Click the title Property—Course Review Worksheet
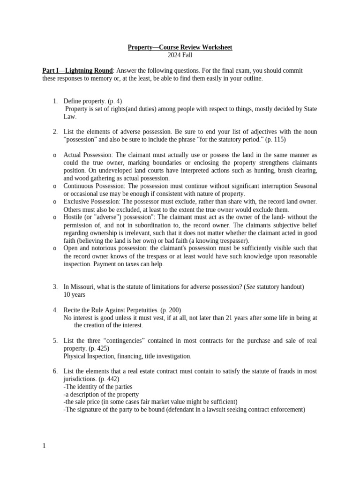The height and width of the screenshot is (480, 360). (180, 47)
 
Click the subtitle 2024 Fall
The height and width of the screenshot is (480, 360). (180, 55)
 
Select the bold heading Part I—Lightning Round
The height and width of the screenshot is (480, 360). (77, 70)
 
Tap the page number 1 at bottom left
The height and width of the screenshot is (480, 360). (44, 446)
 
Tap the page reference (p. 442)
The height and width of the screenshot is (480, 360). (109, 379)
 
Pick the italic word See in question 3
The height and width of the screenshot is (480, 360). (251, 286)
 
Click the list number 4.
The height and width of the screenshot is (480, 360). (55, 310)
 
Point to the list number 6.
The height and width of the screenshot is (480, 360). (55, 371)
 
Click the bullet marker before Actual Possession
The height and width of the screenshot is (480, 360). (55, 155)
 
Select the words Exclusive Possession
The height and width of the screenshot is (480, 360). (89, 202)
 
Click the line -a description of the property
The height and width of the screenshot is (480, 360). (101, 394)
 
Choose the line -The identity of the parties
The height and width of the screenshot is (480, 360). (98, 387)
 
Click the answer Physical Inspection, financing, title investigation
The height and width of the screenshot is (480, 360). (127, 356)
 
